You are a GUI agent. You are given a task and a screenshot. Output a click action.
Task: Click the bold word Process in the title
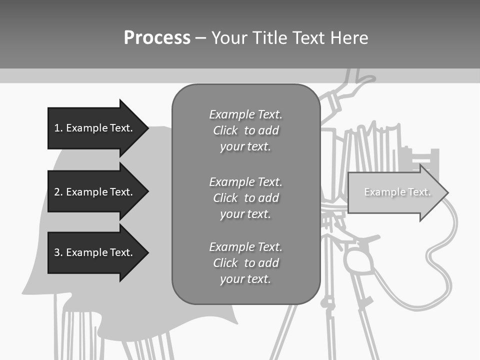[x=157, y=38]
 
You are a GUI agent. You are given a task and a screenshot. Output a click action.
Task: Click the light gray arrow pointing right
[x=395, y=192]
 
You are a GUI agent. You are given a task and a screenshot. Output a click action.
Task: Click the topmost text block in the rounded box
[x=245, y=130]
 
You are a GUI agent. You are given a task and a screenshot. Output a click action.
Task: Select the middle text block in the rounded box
[x=245, y=198]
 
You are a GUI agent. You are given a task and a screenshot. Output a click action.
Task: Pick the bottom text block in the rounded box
[x=245, y=263]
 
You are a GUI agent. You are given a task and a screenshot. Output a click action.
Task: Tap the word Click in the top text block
[x=225, y=130]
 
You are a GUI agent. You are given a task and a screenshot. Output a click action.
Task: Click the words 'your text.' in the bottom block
[x=245, y=279]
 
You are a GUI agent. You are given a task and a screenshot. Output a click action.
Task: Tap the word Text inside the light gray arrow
[x=419, y=192]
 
